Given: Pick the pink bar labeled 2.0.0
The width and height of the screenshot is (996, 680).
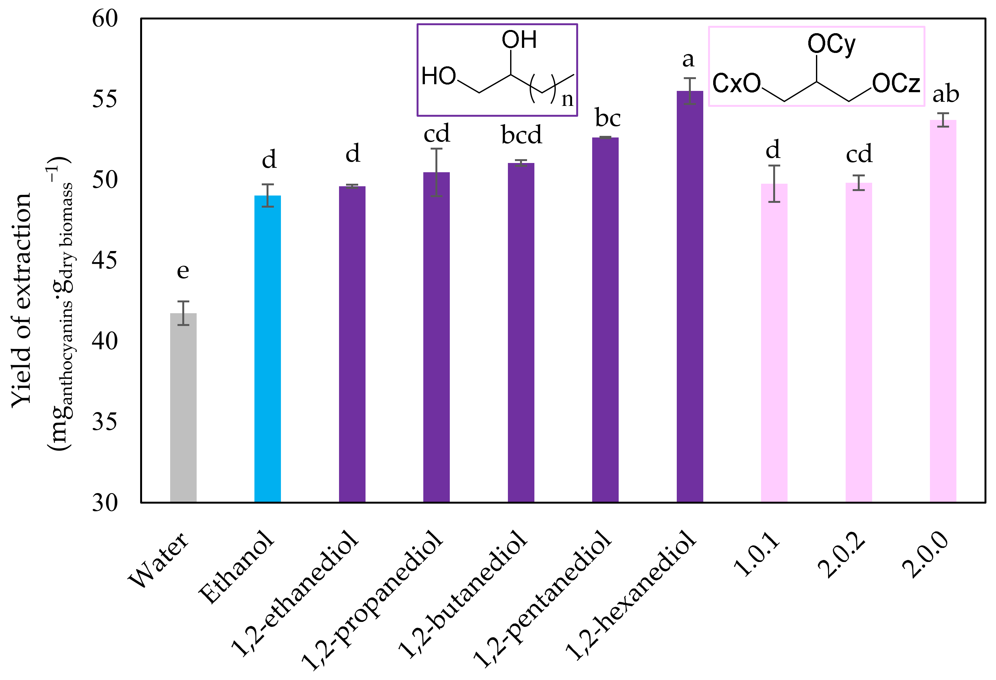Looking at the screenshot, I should [943, 310].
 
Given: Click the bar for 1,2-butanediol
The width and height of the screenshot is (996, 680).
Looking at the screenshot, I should [521, 332].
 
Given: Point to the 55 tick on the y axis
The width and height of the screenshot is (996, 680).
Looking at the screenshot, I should [105, 99].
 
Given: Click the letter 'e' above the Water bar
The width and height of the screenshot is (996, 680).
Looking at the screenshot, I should [183, 271].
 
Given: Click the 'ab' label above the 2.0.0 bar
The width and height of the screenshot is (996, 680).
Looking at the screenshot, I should [946, 94].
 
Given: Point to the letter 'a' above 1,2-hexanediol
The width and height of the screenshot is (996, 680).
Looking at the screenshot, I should [688, 60].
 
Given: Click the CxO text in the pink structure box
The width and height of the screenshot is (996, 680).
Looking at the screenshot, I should [736, 84].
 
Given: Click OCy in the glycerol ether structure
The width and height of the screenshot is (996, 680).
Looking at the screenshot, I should [831, 44].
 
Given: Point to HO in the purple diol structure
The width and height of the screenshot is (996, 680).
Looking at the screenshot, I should [438, 76].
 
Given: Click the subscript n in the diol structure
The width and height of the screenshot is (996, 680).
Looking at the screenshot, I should [567, 99].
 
